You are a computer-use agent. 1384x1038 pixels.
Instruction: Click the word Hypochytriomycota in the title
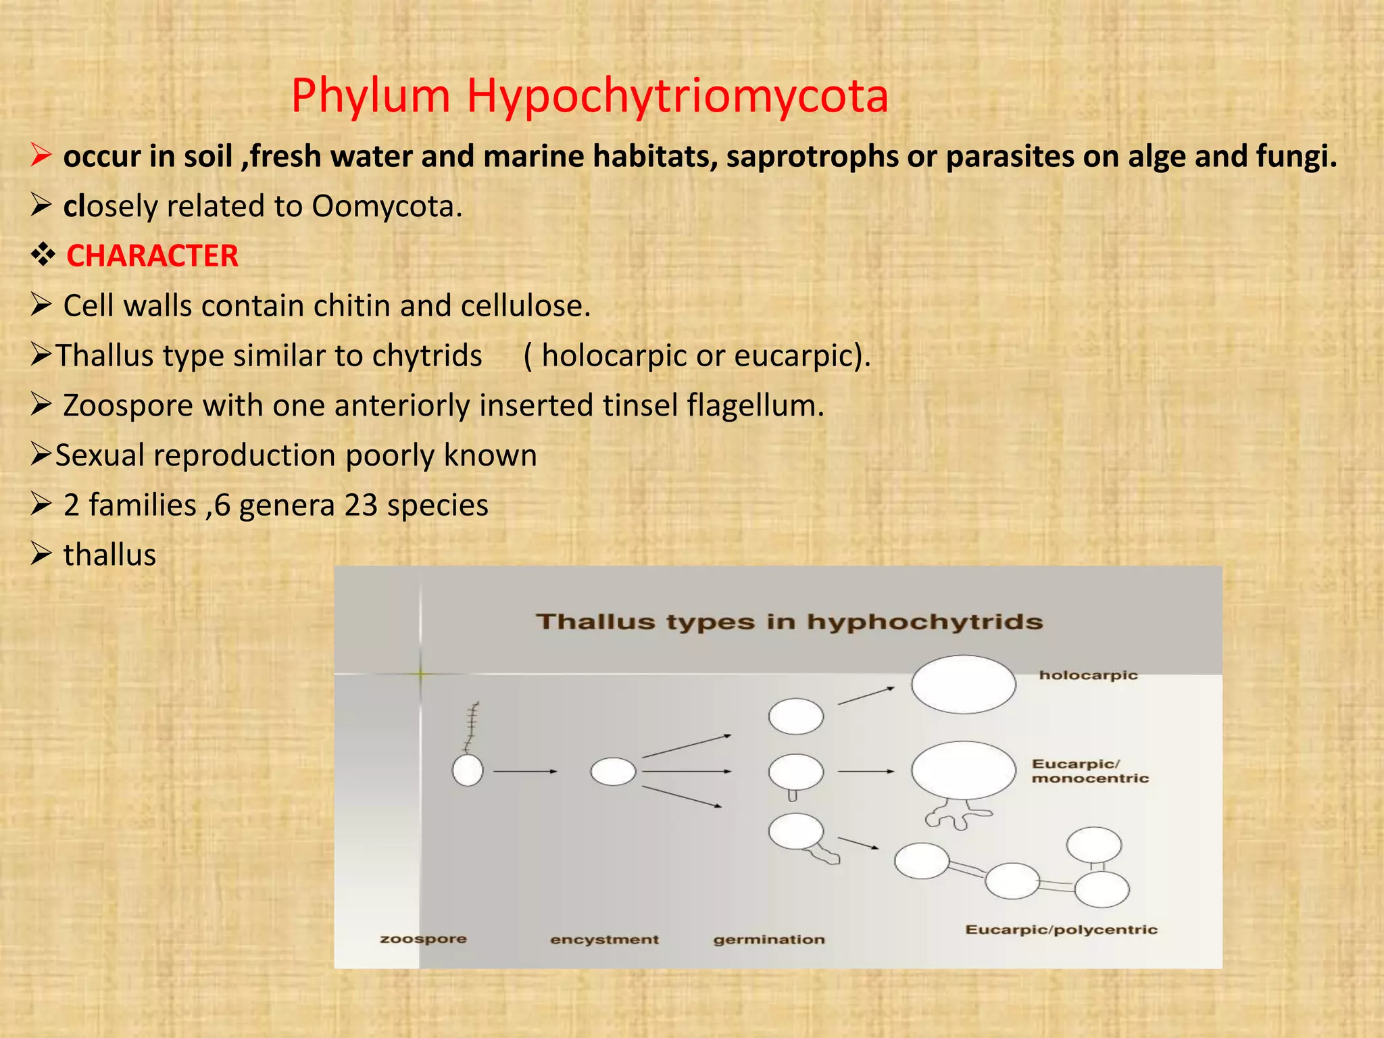(x=677, y=96)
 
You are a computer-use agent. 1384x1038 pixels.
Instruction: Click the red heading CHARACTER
(x=152, y=256)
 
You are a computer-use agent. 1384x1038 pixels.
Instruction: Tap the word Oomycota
(x=386, y=206)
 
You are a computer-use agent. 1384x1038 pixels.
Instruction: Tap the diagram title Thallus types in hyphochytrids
(x=789, y=622)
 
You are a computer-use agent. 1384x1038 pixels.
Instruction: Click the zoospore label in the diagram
(x=423, y=939)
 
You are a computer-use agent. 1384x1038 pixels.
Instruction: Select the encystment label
(x=604, y=939)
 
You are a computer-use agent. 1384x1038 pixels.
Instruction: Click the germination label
(x=769, y=939)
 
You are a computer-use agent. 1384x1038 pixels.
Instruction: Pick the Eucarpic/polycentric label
(x=1061, y=930)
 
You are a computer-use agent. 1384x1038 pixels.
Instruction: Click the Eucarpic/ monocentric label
(x=1089, y=771)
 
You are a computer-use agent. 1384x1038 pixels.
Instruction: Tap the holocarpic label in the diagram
(x=1088, y=675)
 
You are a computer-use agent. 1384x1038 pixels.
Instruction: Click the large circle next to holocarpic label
(x=963, y=684)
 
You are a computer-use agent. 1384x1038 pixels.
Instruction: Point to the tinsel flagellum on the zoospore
(x=472, y=727)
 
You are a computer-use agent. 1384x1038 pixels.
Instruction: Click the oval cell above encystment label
(x=613, y=771)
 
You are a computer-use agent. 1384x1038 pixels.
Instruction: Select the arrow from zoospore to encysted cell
(x=524, y=771)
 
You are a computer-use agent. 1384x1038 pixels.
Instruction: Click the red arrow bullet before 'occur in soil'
(x=41, y=157)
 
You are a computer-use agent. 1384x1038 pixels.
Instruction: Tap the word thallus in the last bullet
(x=109, y=555)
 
